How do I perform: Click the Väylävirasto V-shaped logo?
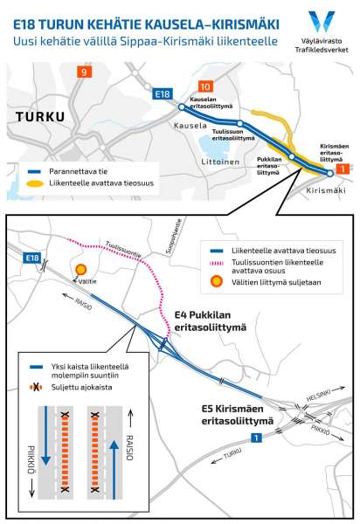click(322, 21)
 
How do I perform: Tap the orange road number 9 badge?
click(84, 72)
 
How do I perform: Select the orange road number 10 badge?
click(205, 86)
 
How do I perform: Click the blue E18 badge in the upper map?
click(163, 94)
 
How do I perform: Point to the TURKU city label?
click(40, 117)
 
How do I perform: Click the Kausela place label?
click(190, 126)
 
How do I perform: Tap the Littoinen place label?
click(220, 162)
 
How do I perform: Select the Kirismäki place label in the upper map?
click(326, 190)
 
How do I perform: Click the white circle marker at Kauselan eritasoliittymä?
click(182, 107)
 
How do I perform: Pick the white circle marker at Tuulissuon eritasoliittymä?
click(240, 123)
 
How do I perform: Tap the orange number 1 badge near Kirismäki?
click(343, 169)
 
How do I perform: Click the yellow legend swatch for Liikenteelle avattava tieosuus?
click(35, 183)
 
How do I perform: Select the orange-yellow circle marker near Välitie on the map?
click(81, 269)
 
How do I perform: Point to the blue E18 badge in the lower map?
click(32, 258)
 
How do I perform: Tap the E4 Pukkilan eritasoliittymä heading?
click(211, 321)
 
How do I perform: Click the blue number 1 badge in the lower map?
click(256, 438)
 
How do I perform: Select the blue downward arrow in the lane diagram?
click(46, 436)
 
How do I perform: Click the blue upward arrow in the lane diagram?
click(114, 470)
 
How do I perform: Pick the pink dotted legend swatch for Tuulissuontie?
click(217, 264)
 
